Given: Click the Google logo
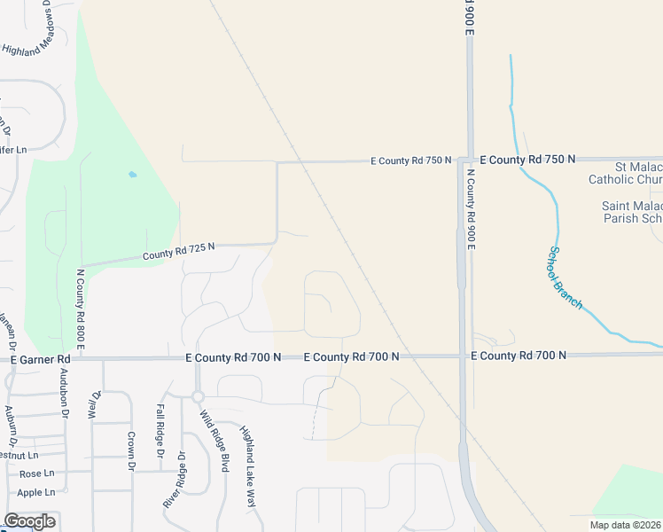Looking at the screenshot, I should tap(29, 521).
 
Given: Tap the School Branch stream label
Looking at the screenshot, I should tap(565, 278).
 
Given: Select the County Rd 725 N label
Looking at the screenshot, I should tap(179, 253).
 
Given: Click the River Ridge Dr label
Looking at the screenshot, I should tap(174, 480).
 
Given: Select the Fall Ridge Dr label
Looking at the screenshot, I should tap(160, 432).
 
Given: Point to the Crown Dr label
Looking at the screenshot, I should tap(130, 450).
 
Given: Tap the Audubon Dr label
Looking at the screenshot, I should tap(64, 393).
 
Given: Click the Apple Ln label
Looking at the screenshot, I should tap(36, 492).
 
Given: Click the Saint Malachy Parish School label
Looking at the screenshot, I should tap(632, 212).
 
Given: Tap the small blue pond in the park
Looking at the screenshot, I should tap(132, 175).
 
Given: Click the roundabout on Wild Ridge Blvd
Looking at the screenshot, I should tap(198, 397).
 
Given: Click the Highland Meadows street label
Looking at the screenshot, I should tap(41, 36).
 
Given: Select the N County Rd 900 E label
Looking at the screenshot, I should tap(471, 209).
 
